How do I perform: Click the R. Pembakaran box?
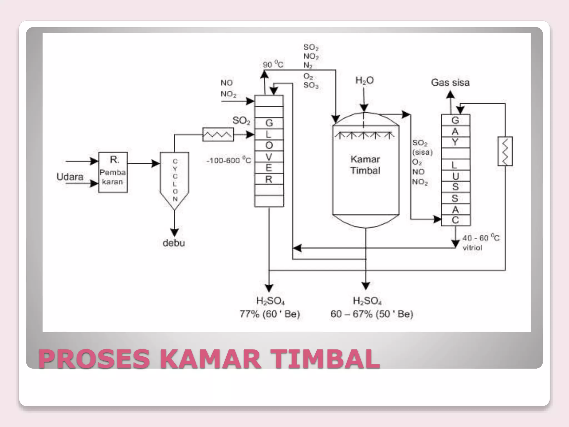pos(113,172)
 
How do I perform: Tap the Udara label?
pos(70,177)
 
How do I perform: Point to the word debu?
pos(174,243)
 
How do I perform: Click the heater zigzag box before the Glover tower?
pos(218,135)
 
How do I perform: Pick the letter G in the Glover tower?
pos(269,123)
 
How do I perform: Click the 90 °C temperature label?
pos(273,65)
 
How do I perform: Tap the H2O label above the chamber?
pos(365,81)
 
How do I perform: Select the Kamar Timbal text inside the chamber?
pos(365,165)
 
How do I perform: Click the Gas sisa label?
pos(450,83)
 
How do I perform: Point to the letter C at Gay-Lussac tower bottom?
pos(455,220)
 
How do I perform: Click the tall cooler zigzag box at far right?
pos(505,151)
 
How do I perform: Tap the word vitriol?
pos(472,248)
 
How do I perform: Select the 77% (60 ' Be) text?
pos(270,314)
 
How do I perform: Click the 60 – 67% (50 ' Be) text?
pos(372,314)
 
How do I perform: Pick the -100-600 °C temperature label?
pos(228,160)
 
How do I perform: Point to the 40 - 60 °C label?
pos(481,238)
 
